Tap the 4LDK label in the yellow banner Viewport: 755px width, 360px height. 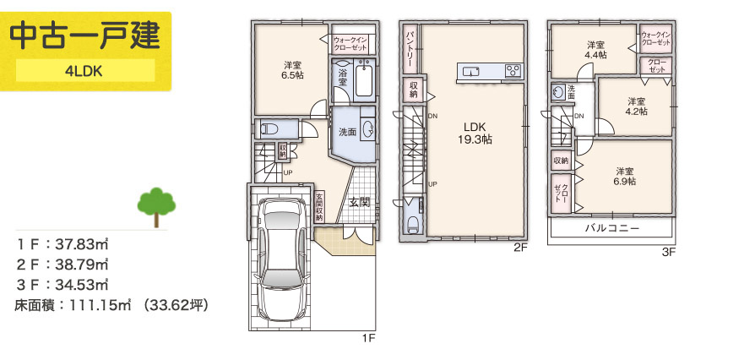pos(84,71)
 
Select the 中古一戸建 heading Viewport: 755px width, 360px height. pos(84,36)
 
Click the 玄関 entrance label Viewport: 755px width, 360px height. pos(359,203)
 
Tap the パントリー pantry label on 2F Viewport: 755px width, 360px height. pos(410,49)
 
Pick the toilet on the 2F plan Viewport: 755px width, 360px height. pos(414,221)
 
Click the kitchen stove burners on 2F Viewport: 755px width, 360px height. pos(513,71)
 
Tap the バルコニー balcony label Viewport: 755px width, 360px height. pos(612,228)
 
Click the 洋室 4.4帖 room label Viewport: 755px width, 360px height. pos(595,50)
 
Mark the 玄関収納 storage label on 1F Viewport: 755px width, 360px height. pos(318,207)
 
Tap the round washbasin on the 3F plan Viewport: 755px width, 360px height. pos(558,91)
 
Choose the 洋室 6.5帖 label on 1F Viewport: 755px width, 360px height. pos(293,70)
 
